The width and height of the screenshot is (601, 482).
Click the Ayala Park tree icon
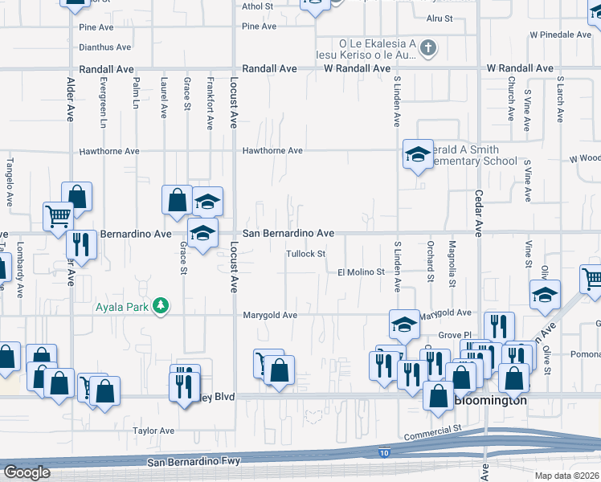(x=161, y=305)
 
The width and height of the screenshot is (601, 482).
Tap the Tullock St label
(x=305, y=255)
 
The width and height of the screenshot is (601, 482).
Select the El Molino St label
(x=361, y=272)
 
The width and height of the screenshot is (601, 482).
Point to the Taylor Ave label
(x=154, y=431)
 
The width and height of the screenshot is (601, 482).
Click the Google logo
(x=27, y=472)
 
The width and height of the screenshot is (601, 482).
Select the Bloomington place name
(x=491, y=400)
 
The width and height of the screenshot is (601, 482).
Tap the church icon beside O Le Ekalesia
(x=428, y=48)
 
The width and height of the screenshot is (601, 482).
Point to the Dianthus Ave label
(x=105, y=47)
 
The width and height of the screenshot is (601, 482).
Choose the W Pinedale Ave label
(x=561, y=35)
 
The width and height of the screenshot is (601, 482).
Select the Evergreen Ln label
(x=103, y=103)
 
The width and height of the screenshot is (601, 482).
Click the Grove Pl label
(x=452, y=335)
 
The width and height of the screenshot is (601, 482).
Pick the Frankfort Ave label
(x=210, y=104)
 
